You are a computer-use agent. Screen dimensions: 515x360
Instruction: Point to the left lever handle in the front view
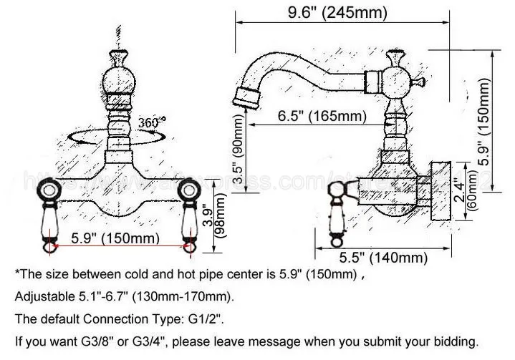coord(49,215)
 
